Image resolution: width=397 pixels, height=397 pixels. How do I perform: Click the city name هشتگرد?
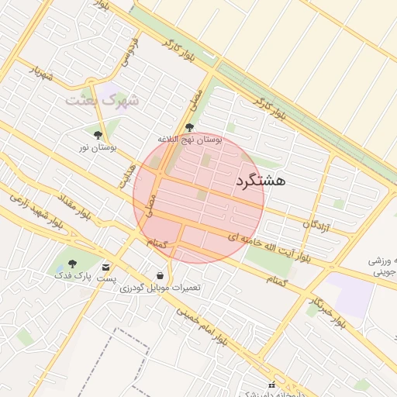tap(259, 181)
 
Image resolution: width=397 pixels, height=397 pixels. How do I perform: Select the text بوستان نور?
tap(98, 147)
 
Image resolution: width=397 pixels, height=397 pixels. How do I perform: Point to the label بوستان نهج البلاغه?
tap(190, 139)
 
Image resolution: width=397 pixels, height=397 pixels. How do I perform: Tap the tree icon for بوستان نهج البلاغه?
tap(189, 127)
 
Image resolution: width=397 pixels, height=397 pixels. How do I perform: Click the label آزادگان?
tap(316, 226)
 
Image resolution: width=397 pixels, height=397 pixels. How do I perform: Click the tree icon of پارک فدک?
tap(73, 264)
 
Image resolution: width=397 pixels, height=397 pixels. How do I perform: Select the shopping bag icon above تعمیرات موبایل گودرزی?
tap(160, 275)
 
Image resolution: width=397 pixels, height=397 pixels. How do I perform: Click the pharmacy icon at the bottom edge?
tap(271, 385)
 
